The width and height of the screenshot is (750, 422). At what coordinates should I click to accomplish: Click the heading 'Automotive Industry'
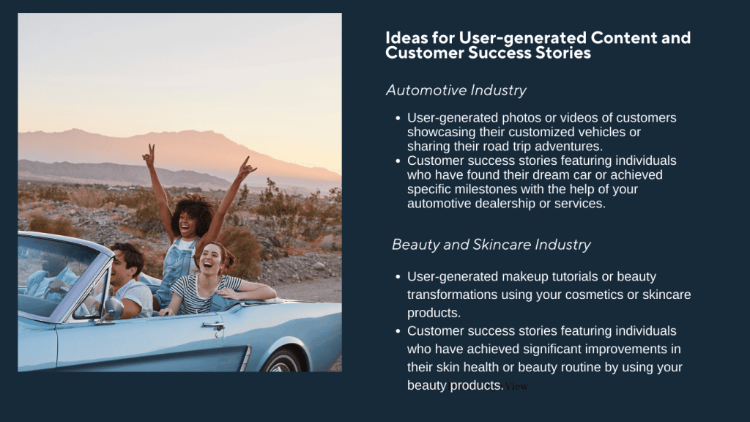456,90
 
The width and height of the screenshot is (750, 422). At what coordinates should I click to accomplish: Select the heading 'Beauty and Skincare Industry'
491,244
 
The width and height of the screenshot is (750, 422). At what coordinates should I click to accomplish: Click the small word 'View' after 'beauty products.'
516,386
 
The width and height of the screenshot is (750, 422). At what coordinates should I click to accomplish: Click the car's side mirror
112,308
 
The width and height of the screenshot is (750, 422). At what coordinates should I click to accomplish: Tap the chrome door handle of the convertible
212,324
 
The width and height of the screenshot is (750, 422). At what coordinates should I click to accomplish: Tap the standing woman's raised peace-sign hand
149,155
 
